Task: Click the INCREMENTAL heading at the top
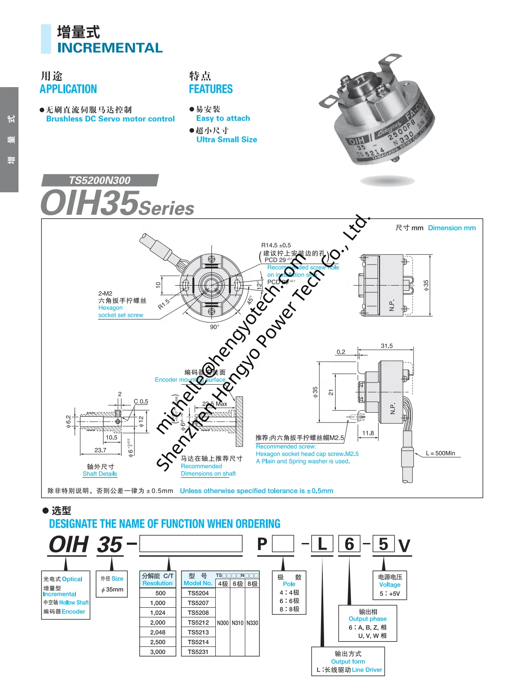tap(110, 48)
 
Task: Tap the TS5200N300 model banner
tap(100, 180)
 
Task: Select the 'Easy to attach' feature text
tap(223, 118)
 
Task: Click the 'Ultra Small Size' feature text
tap(226, 139)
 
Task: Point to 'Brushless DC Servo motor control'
tap(110, 119)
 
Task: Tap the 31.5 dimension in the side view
tap(387, 346)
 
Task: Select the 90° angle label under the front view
tap(214, 327)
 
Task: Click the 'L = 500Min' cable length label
tap(440, 453)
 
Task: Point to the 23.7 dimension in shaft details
tap(100, 450)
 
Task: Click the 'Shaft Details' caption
tap(100, 474)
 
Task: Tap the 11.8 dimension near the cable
tap(368, 433)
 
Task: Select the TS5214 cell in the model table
tap(198, 642)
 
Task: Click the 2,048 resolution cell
tap(158, 632)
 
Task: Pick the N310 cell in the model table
tap(238, 623)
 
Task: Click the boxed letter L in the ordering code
tap(322, 544)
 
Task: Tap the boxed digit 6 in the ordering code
tap(349, 544)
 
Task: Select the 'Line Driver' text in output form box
tap(367, 670)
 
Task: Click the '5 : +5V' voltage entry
tap(390, 594)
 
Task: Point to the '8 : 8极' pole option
tap(289, 609)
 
